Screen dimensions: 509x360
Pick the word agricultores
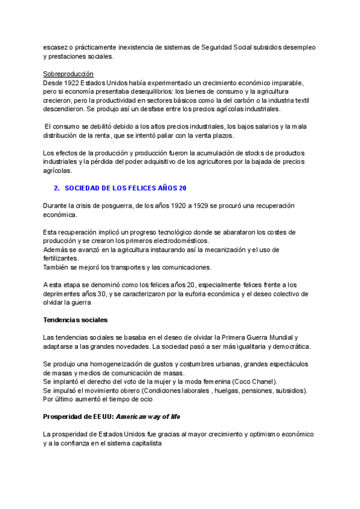point(221,162)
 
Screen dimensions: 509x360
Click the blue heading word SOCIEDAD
point(86,188)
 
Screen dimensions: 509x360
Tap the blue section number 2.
point(56,188)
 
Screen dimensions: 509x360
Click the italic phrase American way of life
point(149,416)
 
